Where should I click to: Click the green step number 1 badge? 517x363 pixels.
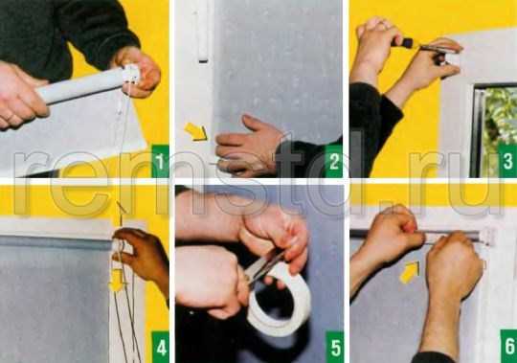160,161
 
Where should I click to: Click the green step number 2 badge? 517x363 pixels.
334,161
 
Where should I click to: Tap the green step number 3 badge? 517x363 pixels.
507,161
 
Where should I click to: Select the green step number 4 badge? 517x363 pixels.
160,347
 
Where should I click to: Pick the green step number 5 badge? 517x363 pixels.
335,347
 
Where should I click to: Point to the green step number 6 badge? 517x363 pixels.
508,346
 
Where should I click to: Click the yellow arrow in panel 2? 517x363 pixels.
196,132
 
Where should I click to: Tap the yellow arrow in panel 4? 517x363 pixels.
117,281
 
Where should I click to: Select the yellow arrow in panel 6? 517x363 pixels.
409,272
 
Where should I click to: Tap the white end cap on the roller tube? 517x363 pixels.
131,74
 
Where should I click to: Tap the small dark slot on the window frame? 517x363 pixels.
203,60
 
